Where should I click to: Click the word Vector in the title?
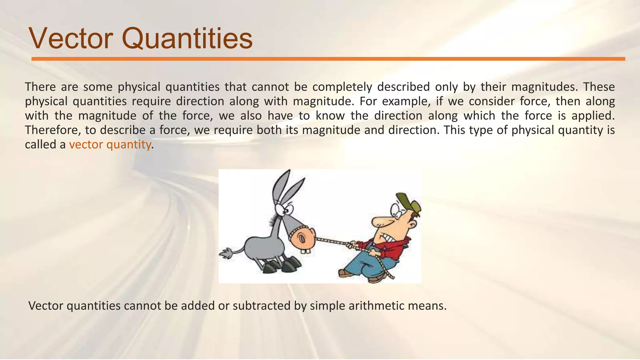pyautogui.click(x=71, y=39)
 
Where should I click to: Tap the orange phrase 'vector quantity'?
pyautogui.click(x=110, y=144)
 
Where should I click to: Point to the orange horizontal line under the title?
pyautogui.click(x=328, y=59)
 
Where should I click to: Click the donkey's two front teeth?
pyautogui.click(x=306, y=251)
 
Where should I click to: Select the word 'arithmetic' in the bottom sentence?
pyautogui.click(x=377, y=305)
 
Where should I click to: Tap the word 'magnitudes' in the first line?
pyautogui.click(x=544, y=87)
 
